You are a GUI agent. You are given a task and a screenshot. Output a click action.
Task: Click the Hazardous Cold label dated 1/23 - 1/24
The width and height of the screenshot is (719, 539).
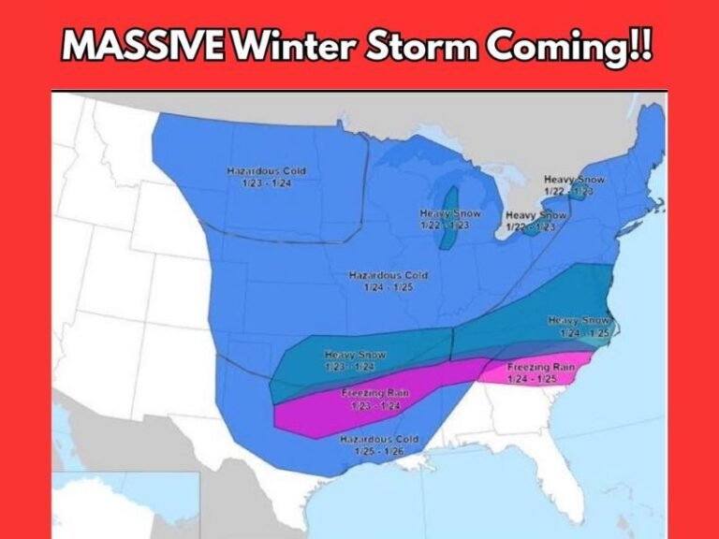click(267, 177)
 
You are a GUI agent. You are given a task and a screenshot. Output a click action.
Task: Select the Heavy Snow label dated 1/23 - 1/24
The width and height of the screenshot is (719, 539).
click(355, 360)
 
